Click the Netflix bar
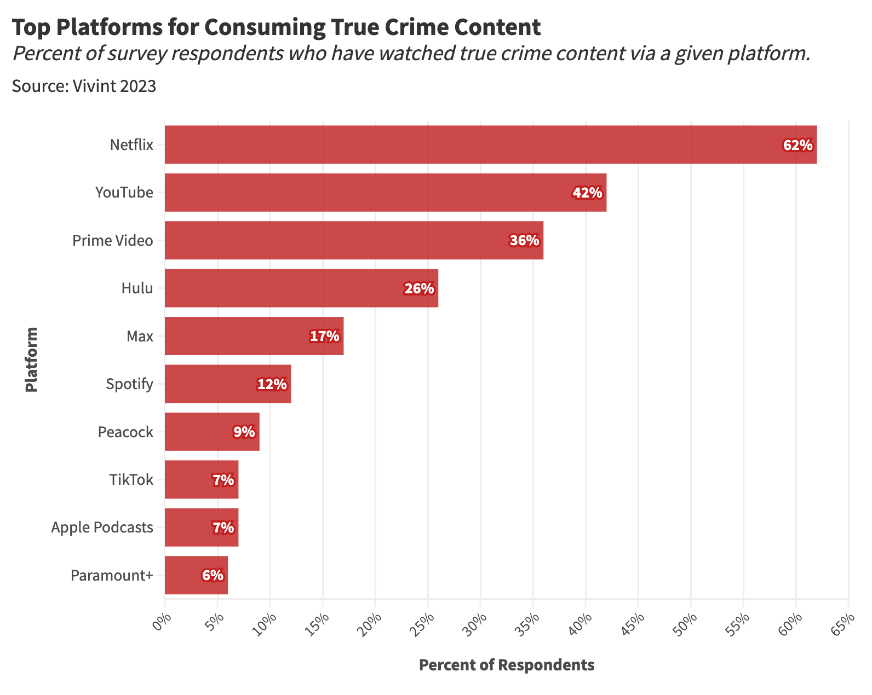[x=490, y=144]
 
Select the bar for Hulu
[x=301, y=288]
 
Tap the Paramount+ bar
[x=196, y=575]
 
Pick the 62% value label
[x=798, y=145]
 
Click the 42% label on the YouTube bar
[x=587, y=193]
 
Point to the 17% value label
[x=324, y=336]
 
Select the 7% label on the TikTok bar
[x=223, y=480]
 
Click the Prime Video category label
[x=113, y=241]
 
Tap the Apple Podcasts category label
[x=102, y=528]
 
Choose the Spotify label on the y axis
[x=129, y=384]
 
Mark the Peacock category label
[x=125, y=432]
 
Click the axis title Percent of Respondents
[x=506, y=665]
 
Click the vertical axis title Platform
[x=31, y=360]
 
